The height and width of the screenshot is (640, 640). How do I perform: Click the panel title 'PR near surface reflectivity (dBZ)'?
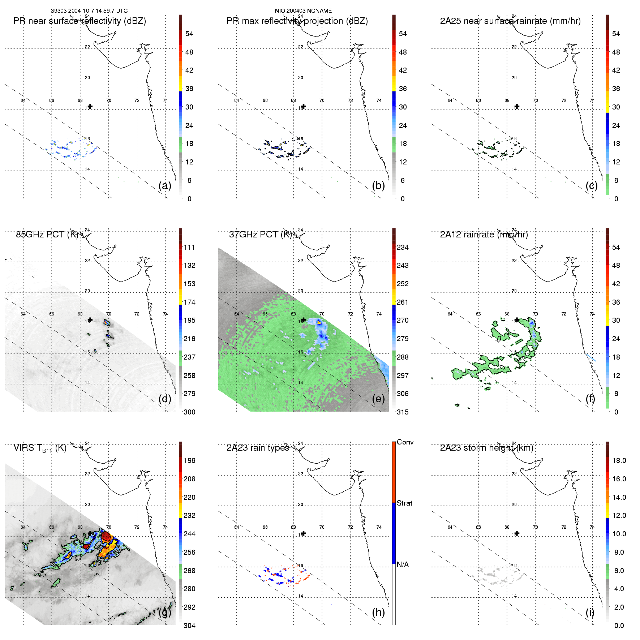[80, 21]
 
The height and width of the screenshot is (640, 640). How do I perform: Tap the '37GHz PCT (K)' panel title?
[260, 235]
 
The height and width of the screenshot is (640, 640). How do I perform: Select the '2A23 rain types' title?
[257, 448]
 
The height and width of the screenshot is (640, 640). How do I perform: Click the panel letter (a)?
[165, 185]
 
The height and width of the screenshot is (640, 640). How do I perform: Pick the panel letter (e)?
[378, 399]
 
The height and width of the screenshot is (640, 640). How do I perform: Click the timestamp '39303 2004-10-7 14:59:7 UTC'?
[89, 11]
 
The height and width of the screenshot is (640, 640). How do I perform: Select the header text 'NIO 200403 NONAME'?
[303, 11]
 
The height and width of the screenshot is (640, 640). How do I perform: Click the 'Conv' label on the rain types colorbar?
[405, 442]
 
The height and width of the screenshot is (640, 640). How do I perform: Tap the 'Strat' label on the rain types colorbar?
[404, 503]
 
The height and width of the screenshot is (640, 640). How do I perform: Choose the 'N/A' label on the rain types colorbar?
[403, 564]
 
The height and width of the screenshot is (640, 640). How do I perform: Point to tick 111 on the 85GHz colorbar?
[189, 247]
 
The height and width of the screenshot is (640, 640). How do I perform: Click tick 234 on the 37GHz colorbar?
[403, 247]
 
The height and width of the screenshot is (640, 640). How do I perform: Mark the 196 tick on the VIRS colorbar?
[189, 460]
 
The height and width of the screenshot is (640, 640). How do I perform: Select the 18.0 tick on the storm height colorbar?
[619, 460]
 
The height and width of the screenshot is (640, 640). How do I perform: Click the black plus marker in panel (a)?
[90, 106]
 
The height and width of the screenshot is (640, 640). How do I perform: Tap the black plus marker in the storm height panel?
[517, 533]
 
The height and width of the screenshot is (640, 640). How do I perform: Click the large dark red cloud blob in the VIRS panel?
[106, 536]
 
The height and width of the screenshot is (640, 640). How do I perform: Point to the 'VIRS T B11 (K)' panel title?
[40, 448]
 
